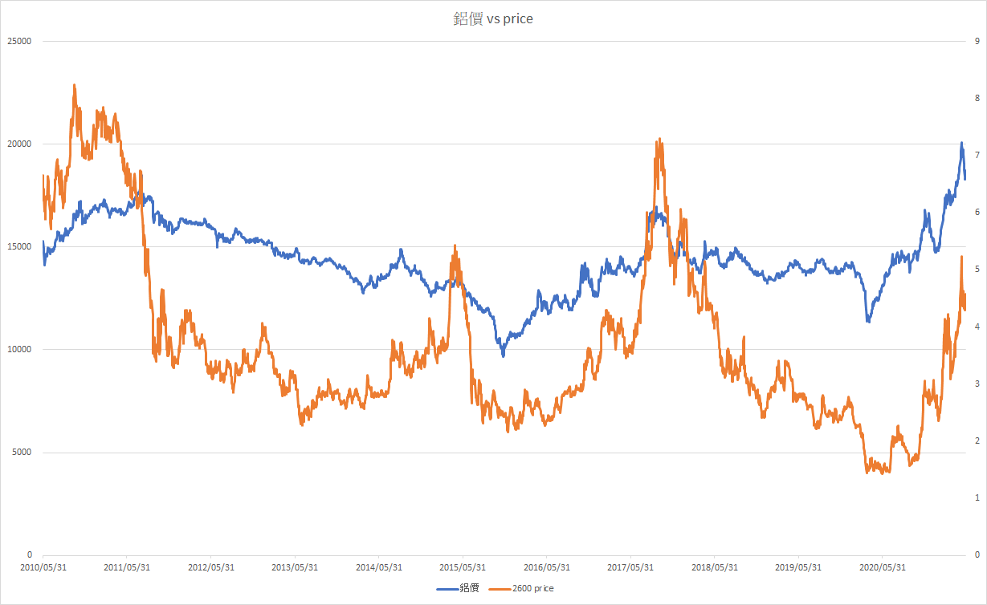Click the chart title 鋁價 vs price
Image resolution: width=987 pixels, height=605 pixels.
tap(493, 18)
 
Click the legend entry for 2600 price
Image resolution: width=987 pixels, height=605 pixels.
tap(532, 588)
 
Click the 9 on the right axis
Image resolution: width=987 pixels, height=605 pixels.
tap(976, 41)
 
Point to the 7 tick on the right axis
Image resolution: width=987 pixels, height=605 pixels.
tap(976, 155)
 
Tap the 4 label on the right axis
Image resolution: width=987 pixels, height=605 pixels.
tap(976, 327)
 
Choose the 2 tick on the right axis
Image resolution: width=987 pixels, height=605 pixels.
tap(976, 441)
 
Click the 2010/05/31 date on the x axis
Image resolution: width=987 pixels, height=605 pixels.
tap(43, 566)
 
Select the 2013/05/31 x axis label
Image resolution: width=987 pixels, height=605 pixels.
tap(295, 566)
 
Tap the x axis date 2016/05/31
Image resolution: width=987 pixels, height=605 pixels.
tap(546, 566)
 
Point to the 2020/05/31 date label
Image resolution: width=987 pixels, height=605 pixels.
tap(882, 566)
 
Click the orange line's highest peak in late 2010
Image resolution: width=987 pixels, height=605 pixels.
tap(75, 85)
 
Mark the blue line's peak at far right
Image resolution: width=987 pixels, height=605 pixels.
tap(961, 144)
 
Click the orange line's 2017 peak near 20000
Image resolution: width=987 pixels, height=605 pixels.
tap(659, 140)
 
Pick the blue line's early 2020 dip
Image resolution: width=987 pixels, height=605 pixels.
tap(868, 321)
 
